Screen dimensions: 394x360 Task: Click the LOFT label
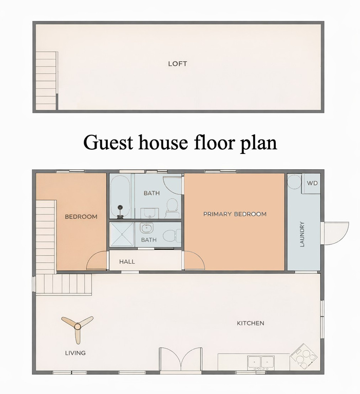tap(177, 64)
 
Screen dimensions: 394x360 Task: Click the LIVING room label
tap(75, 353)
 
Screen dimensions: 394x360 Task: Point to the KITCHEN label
tap(250, 323)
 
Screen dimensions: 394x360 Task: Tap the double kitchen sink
tap(261, 362)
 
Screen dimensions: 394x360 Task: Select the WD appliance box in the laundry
tap(312, 184)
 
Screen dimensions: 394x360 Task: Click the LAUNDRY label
tap(302, 234)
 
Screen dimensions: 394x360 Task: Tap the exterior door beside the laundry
tap(335, 232)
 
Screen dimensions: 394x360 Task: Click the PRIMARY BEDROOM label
tap(235, 214)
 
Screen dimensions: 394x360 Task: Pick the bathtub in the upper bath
tap(121, 197)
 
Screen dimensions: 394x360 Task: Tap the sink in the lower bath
tap(147, 228)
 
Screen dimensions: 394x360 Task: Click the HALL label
tap(127, 262)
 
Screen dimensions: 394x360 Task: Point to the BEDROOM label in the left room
tap(81, 216)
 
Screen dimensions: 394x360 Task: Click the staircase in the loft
tap(46, 81)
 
